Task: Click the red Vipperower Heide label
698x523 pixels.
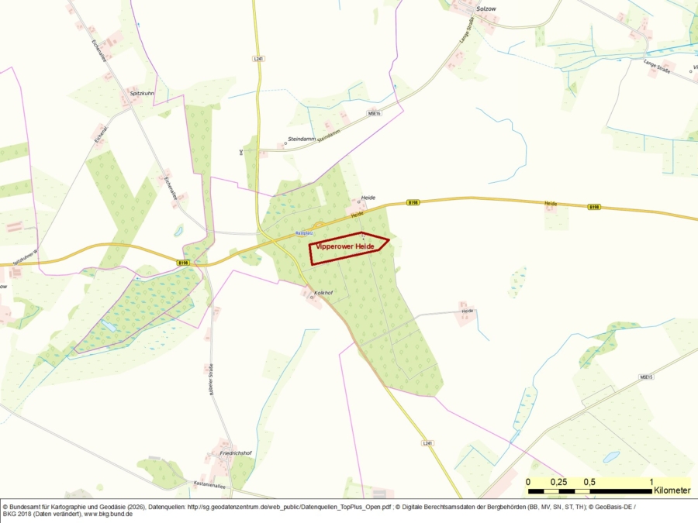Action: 345,246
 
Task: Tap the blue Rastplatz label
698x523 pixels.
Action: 304,232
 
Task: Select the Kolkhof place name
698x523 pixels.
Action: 323,293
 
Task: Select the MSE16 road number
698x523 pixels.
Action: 375,112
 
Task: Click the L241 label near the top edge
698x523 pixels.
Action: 258,59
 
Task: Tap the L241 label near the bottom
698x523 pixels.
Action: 427,442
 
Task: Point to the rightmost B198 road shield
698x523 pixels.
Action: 594,207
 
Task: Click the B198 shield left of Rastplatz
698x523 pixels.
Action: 183,263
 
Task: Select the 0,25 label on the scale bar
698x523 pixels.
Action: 558,482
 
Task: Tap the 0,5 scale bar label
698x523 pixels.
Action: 589,482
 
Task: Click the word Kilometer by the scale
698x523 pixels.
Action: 672,490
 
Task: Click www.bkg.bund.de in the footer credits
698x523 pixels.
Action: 108,514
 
